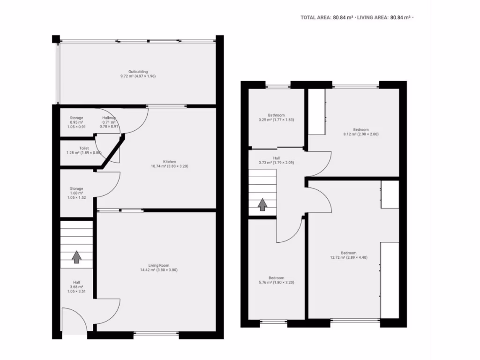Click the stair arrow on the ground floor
click(76, 257)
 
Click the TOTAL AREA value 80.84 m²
click(343, 17)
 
